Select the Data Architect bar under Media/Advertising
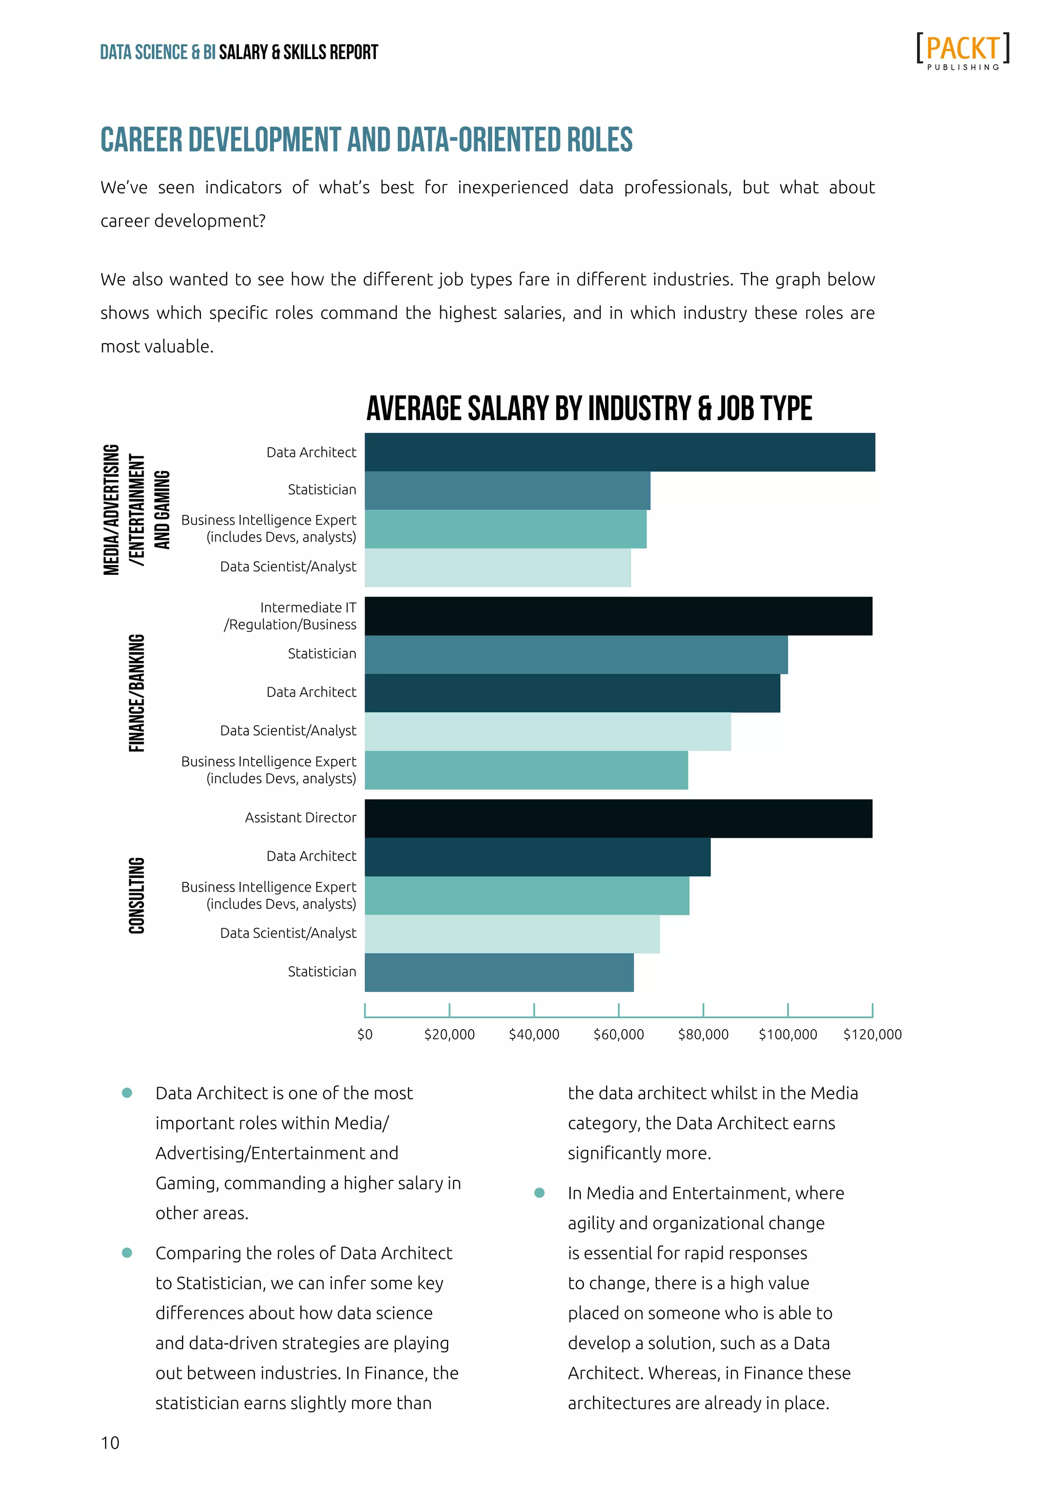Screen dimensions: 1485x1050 tap(619, 452)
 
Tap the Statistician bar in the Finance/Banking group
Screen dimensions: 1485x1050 tap(575, 654)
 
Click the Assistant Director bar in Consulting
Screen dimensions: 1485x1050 tap(618, 818)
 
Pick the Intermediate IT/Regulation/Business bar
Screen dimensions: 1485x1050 tap(618, 616)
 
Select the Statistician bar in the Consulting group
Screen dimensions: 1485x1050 tap(499, 972)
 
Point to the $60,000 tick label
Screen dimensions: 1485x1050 tap(619, 1034)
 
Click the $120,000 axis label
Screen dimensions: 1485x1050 tap(872, 1034)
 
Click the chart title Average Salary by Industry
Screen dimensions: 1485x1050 tap(589, 409)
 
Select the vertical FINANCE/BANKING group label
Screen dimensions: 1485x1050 tap(137, 693)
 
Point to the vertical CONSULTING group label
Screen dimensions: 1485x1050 tap(137, 895)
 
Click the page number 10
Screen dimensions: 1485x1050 tap(110, 1443)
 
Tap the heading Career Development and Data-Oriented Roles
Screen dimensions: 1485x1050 tap(366, 141)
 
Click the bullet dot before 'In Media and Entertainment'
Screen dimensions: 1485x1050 tap(539, 1193)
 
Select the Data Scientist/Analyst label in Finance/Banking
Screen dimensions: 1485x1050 tap(288, 730)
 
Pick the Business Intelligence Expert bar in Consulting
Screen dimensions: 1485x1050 tap(527, 896)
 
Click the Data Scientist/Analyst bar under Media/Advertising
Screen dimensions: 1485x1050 tap(497, 568)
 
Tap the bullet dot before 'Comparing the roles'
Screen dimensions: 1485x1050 tap(127, 1253)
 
